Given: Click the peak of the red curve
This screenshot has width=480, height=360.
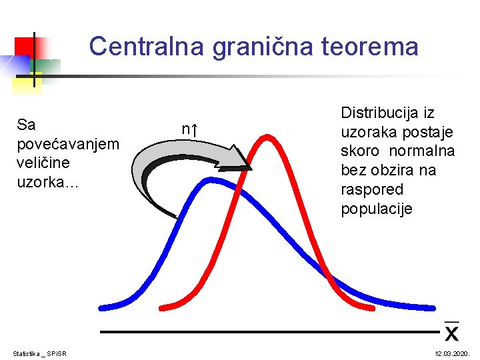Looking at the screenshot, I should tap(266, 138).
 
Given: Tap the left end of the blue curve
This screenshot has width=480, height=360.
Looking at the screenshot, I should tap(102, 308).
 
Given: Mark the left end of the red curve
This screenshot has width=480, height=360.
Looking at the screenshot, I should tap(162, 308).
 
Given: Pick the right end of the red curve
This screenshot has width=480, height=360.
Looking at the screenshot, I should tap(371, 308).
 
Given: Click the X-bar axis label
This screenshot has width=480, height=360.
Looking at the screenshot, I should tap(451, 330).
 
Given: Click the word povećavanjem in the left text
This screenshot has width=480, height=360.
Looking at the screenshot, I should tap(68, 144).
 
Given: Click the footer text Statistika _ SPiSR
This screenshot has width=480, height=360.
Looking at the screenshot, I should tap(44, 353).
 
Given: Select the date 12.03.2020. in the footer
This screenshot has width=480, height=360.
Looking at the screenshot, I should tap(453, 353).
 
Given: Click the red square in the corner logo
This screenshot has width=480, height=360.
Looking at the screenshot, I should tap(25, 46).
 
